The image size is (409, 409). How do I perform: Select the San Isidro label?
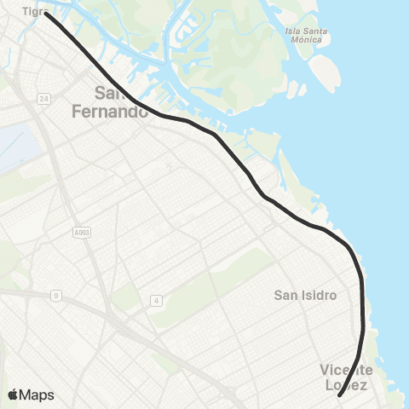pos(306,296)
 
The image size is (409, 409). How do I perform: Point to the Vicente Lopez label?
pos(347,377)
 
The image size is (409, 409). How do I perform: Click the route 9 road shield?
pos(56,296)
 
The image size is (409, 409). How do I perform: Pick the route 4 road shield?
pos(156,300)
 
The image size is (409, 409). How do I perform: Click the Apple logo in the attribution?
pos(14,395)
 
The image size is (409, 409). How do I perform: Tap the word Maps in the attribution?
pos(37,395)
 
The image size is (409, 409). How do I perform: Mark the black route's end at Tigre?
pos(47,14)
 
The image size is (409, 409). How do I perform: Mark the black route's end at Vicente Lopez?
pos(339,395)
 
